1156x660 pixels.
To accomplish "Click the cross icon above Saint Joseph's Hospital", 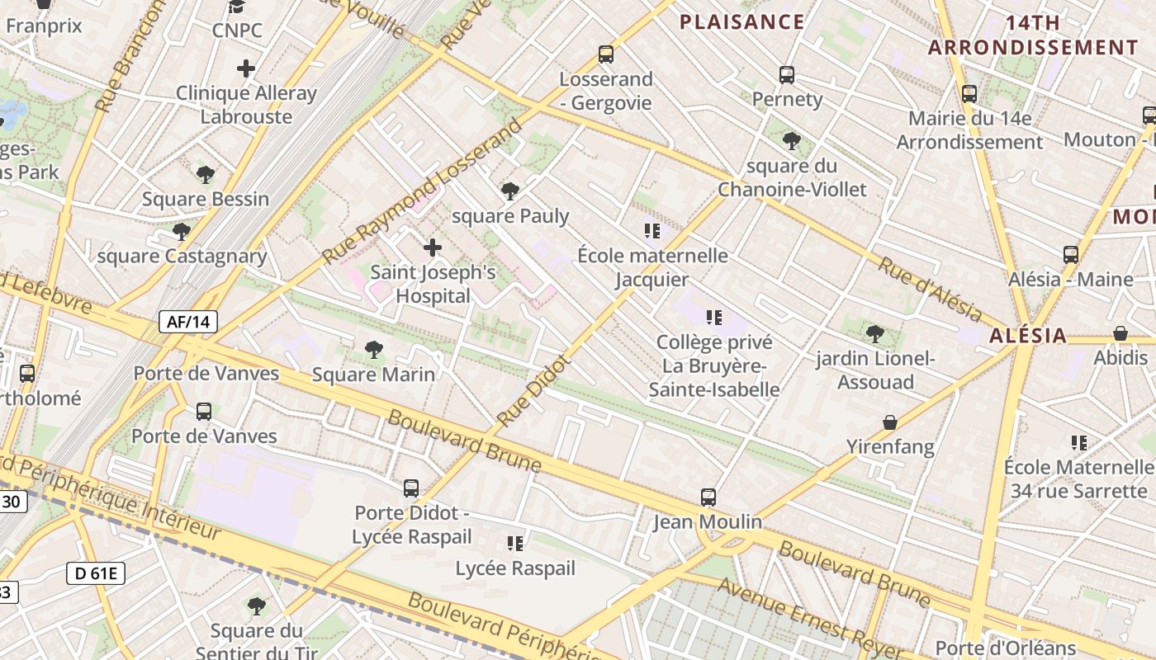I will click(432, 247).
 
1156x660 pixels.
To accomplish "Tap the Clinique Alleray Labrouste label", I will click(246, 105).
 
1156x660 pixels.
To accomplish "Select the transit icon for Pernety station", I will click(787, 75).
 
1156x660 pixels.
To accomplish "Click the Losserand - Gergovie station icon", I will click(606, 55).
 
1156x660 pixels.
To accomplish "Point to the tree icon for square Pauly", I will click(510, 191).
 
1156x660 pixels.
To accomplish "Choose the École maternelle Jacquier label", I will click(652, 267).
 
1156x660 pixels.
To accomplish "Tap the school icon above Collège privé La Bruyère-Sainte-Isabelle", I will click(714, 317).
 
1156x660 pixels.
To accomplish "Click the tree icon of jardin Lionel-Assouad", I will click(875, 334).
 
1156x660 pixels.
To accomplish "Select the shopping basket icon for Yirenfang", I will click(890, 422).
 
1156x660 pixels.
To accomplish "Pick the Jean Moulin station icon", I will click(708, 497).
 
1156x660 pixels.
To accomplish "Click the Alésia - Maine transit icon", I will click(1071, 255).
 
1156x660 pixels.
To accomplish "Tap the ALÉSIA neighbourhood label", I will click(1028, 336).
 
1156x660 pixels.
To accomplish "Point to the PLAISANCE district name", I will click(741, 22).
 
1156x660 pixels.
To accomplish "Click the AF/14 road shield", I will click(188, 322).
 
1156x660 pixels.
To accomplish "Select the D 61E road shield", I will click(96, 573).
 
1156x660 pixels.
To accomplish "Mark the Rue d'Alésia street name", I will click(929, 290).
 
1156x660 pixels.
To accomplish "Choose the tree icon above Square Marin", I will click(374, 350).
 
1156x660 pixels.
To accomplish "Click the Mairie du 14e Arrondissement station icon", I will click(969, 94).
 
